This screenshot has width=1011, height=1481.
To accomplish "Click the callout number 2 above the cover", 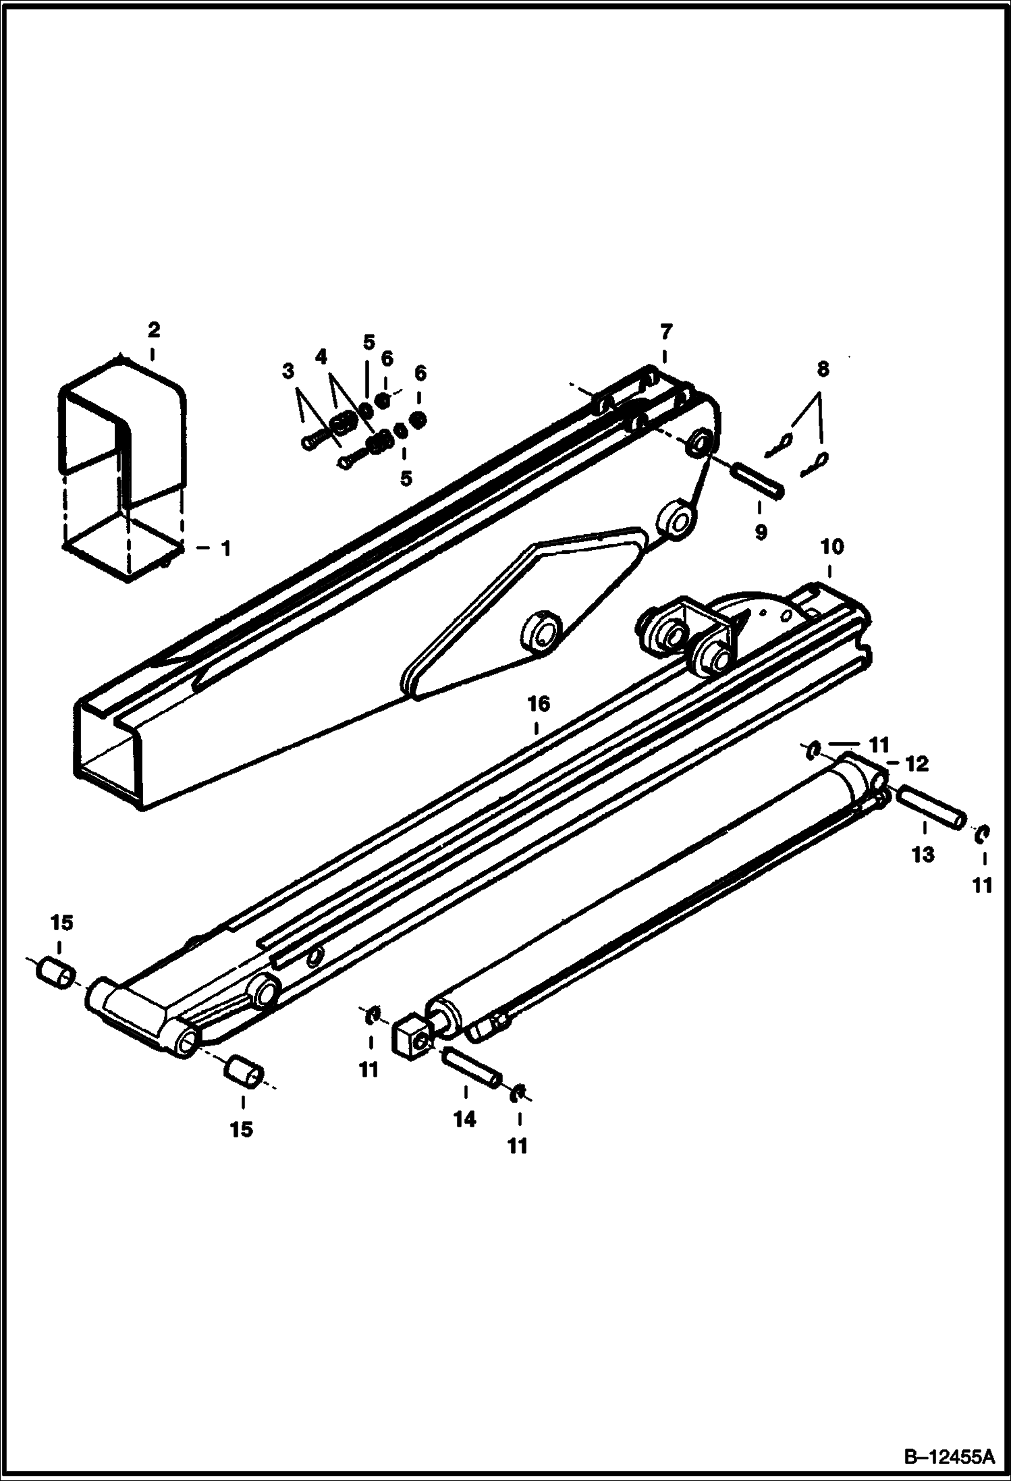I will tap(153, 330).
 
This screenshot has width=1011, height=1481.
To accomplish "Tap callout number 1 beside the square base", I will tap(225, 549).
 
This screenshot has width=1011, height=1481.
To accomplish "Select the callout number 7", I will tap(665, 332).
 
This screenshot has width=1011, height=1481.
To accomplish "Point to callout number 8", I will tap(821, 369).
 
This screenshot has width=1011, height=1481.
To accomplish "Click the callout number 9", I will tap(761, 532).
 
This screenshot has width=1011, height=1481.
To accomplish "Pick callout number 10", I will tap(831, 546).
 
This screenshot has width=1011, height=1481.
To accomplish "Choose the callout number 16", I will tap(539, 704).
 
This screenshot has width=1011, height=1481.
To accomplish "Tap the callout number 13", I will tap(923, 855).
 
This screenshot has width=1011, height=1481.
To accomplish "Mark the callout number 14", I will tap(464, 1119).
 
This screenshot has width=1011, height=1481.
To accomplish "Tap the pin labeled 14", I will tap(471, 1070).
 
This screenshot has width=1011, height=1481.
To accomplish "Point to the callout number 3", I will tap(288, 371).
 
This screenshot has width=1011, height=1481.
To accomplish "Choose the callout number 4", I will tap(321, 356).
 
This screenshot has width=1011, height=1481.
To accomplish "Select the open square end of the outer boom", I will tap(108, 749).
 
